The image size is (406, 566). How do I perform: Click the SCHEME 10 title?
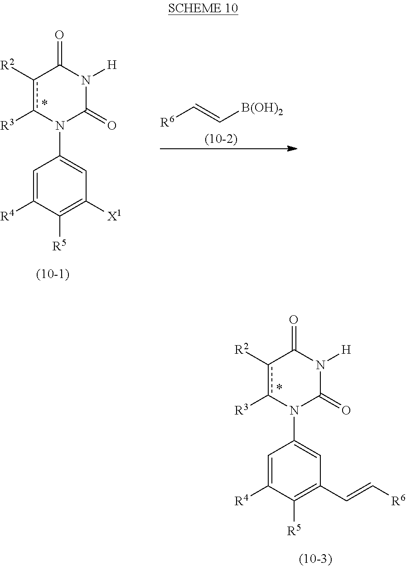pyautogui.click(x=203, y=9)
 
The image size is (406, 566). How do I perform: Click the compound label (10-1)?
pyautogui.click(x=53, y=274)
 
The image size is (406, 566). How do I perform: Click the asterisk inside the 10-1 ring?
pyautogui.click(x=45, y=103)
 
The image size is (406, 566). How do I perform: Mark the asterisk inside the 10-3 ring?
pyautogui.click(x=280, y=387)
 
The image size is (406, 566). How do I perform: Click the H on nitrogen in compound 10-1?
pyautogui.click(x=112, y=65)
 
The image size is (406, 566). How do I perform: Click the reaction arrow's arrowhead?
pyautogui.click(x=294, y=148)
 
